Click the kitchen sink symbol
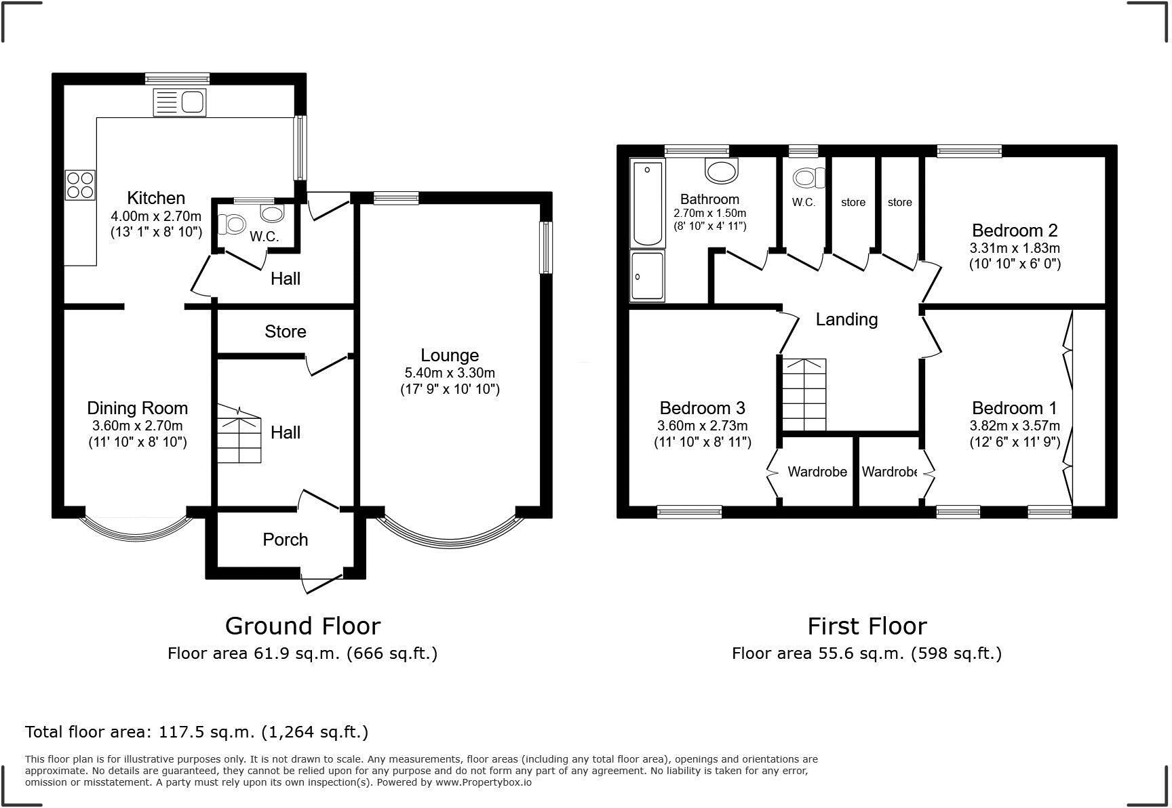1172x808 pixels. click(180, 102)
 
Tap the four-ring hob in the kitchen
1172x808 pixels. click(80, 184)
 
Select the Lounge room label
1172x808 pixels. click(450, 355)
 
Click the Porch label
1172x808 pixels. click(286, 540)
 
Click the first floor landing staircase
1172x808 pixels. click(804, 395)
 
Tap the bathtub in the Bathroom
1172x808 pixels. click(648, 203)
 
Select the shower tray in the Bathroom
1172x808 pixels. click(648, 275)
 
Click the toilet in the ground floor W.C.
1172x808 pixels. click(233, 224)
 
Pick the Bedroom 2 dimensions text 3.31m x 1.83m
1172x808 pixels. click(1015, 248)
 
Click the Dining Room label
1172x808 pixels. click(137, 408)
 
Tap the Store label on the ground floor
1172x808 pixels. click(286, 331)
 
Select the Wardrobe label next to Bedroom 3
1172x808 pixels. click(817, 472)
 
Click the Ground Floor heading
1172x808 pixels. click(302, 626)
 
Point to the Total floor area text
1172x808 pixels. click(197, 732)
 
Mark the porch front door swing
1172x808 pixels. click(322, 583)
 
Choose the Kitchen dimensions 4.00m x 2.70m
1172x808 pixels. click(156, 217)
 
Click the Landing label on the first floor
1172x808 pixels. click(846, 319)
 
